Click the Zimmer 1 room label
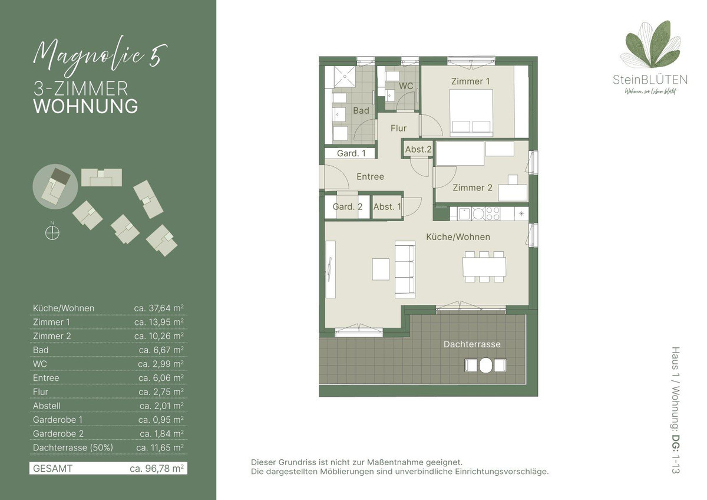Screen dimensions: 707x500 point(470,81)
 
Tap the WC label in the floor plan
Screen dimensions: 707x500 point(406,86)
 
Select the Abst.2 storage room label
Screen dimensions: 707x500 point(418,149)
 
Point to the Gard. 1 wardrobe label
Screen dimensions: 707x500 point(351,153)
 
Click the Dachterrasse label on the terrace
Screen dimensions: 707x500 point(472,344)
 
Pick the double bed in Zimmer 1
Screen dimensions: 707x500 point(471,113)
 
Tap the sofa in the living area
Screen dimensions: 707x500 point(405,269)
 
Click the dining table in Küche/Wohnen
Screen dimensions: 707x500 point(484,267)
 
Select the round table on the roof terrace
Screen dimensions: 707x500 point(485,366)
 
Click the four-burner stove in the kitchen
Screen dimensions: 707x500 point(493,213)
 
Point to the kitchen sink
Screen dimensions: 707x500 point(464,214)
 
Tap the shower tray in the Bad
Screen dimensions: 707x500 point(345,76)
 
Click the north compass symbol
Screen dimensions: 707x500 point(52,233)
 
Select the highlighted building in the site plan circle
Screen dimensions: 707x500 point(56,187)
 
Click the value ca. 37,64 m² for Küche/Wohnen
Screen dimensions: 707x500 point(158,308)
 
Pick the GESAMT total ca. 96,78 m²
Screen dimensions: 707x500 point(157,468)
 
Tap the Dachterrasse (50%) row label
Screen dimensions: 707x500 point(73,448)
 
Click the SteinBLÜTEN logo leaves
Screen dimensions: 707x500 point(650,45)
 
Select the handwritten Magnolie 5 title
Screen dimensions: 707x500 point(100,57)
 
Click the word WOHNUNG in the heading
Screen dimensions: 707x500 point(85,106)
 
